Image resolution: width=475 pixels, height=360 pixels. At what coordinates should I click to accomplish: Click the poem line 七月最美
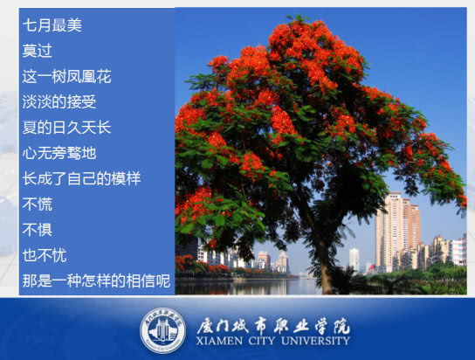pyautogui.click(x=52, y=24)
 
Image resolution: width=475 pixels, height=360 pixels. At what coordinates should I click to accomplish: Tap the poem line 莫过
pyautogui.click(x=38, y=51)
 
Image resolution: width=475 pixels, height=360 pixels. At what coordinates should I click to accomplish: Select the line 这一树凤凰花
pyautogui.click(x=67, y=76)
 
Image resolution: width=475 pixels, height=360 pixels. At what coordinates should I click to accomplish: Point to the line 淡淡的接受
pyautogui.click(x=59, y=102)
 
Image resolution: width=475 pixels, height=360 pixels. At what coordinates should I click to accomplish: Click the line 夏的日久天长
pyautogui.click(x=67, y=128)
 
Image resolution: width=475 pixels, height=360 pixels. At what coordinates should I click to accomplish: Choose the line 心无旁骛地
pyautogui.click(x=59, y=153)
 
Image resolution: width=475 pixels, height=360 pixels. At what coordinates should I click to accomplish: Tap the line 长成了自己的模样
pyautogui.click(x=82, y=178)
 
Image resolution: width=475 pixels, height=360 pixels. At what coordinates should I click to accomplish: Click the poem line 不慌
pyautogui.click(x=38, y=204)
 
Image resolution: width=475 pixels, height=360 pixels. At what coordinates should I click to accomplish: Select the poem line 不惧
pyautogui.click(x=38, y=230)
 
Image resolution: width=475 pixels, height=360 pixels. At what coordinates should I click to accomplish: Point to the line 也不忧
pyautogui.click(x=45, y=255)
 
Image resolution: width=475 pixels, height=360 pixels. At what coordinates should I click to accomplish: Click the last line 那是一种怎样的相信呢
pyautogui.click(x=96, y=280)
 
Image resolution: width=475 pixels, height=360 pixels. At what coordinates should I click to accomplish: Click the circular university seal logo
pyautogui.click(x=163, y=331)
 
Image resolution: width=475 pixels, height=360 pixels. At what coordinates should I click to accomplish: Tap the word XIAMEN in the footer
pyautogui.click(x=219, y=341)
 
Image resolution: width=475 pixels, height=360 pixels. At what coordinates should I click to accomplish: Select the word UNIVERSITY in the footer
pyautogui.click(x=315, y=341)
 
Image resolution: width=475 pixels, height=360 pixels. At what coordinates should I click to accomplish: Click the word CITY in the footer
pyautogui.click(x=262, y=341)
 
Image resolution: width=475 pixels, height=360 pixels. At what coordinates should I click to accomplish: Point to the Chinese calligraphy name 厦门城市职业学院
pyautogui.click(x=273, y=326)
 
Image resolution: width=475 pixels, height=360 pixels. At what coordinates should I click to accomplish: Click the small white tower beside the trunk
pyautogui.click(x=355, y=260)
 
